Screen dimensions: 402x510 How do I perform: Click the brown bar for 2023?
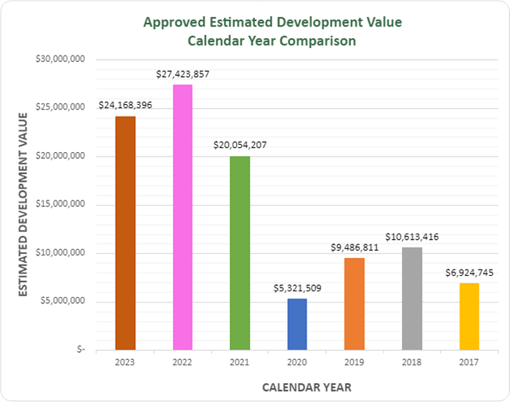click(125, 233)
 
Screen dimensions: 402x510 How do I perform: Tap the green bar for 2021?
click(239, 253)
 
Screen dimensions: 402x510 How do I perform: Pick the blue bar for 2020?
click(297, 324)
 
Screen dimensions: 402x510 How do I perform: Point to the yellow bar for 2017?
click(469, 316)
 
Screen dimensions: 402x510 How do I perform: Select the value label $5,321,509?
click(297, 288)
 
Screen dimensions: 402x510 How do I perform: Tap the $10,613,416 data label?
click(412, 237)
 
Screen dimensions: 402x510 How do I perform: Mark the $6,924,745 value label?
click(469, 273)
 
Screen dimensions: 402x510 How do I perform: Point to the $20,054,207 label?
click(239, 146)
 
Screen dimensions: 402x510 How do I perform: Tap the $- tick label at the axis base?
click(81, 350)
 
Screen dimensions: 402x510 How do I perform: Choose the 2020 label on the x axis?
click(297, 362)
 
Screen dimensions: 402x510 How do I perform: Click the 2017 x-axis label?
click(469, 362)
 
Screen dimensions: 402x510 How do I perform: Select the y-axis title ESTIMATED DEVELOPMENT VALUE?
click(23, 204)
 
